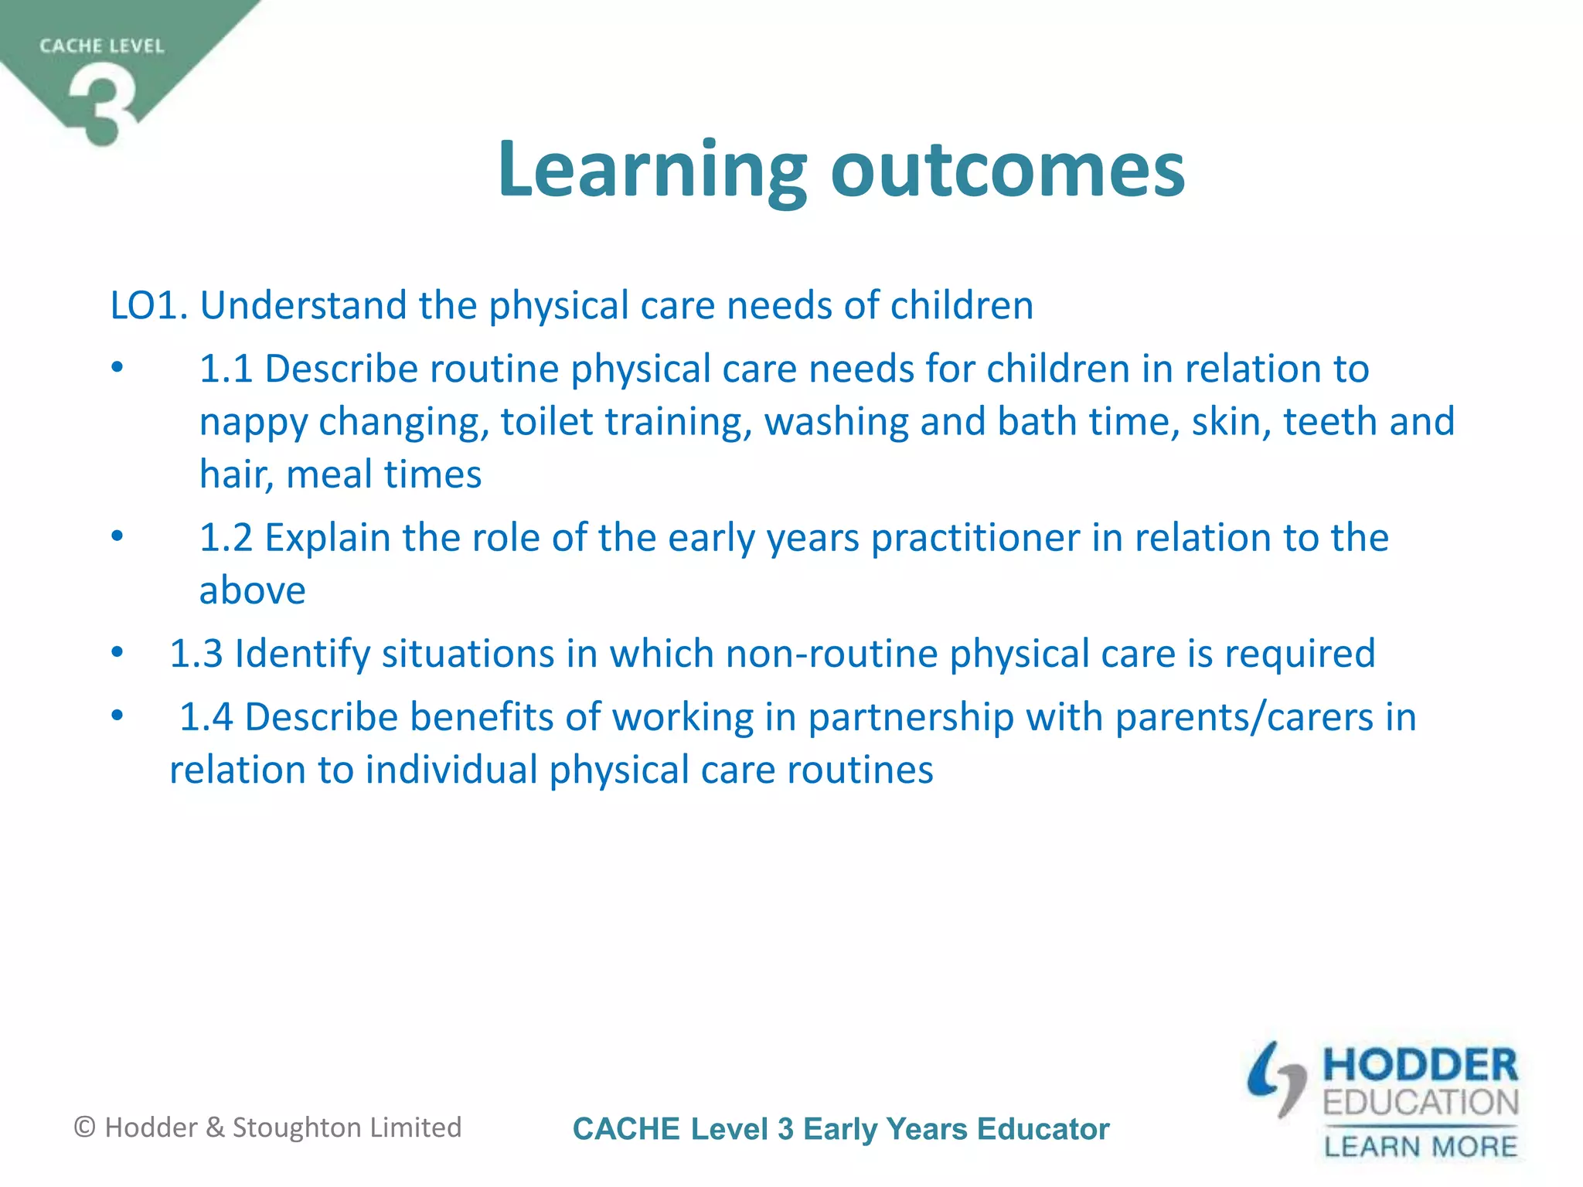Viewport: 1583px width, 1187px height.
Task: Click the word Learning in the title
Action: click(652, 170)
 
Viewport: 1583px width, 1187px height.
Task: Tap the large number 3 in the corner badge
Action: click(102, 104)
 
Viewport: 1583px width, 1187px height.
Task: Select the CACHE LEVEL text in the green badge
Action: click(102, 46)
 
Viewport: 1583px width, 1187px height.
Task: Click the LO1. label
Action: click(149, 305)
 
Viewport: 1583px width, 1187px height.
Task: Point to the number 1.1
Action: click(226, 369)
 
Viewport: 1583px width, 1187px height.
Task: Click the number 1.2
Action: click(226, 538)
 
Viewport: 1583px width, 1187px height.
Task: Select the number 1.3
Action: click(196, 654)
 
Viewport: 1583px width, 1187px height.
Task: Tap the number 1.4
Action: click(206, 717)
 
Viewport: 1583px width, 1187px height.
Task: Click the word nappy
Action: click(253, 423)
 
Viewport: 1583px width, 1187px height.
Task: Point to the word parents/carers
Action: click(1244, 717)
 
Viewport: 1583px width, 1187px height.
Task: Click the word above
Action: click(252, 591)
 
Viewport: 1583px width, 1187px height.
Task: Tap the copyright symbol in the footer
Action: click(84, 1127)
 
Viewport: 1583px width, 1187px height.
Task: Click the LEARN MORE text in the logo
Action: click(1420, 1146)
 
